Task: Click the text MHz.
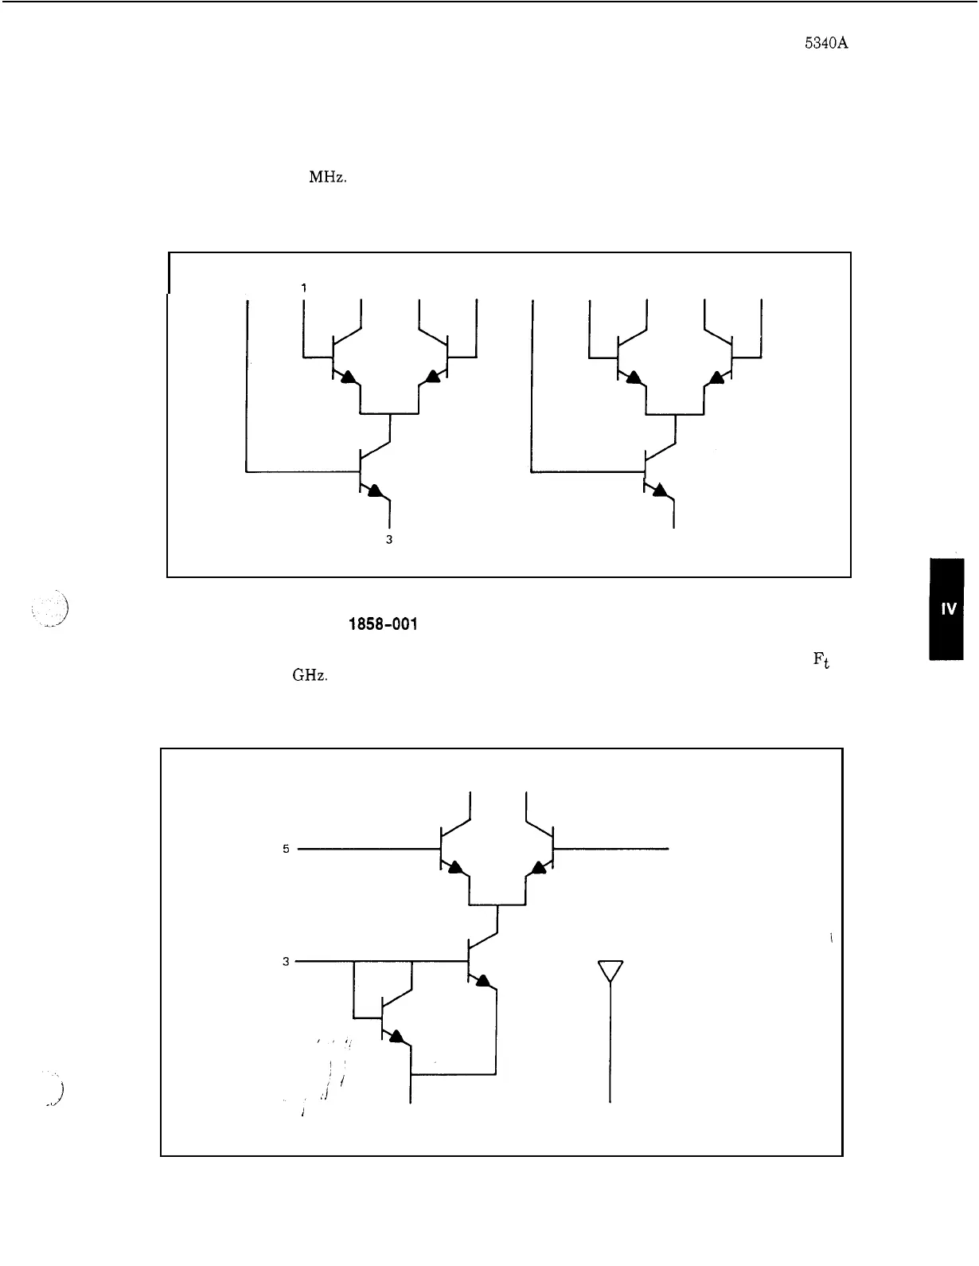tap(327, 178)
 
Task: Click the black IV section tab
tap(946, 609)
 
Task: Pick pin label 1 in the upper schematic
tap(303, 287)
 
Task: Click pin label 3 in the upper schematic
tap(388, 539)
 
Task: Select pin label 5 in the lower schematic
tap(286, 849)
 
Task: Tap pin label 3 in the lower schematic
tap(286, 961)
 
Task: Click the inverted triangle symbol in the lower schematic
tap(610, 971)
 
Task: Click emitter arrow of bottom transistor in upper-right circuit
tap(658, 491)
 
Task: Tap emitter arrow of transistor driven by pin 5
tap(454, 867)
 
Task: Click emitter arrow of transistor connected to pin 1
tap(347, 377)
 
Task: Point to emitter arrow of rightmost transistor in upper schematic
tap(718, 377)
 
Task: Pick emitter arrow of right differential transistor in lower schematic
tap(540, 867)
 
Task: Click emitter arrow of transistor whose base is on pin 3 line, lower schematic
tap(482, 980)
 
